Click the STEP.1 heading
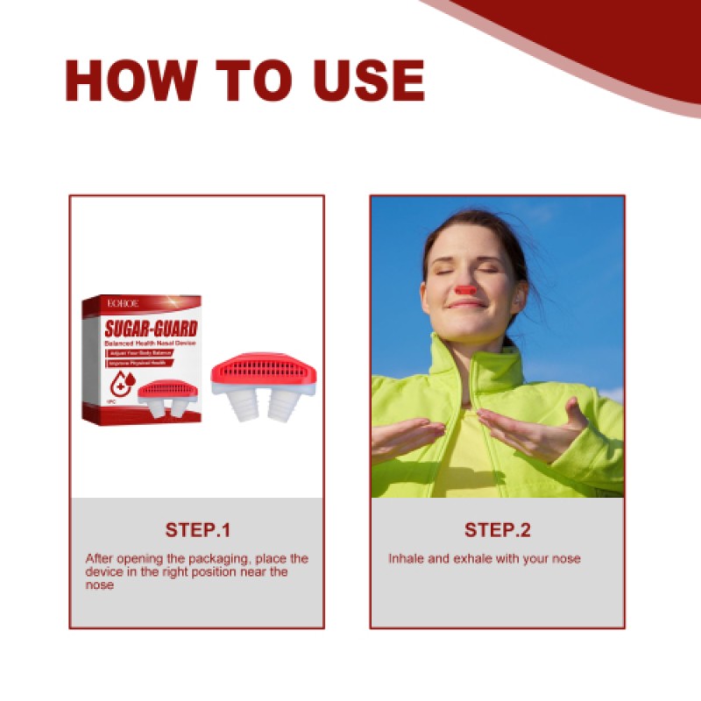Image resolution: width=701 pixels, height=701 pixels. coord(197,530)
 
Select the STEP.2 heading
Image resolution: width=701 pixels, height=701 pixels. coord(497,530)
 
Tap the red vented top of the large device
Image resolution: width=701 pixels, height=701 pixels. coord(263,369)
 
